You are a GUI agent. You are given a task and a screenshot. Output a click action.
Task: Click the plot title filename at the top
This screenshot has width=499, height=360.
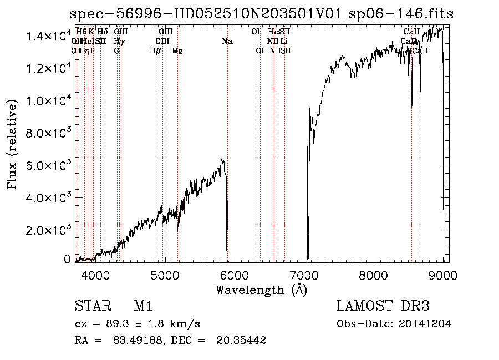[x=262, y=14]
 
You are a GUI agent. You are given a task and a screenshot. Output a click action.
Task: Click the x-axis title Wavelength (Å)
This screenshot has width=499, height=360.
[x=261, y=290]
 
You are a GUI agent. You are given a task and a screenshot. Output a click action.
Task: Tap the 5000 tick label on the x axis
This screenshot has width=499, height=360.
[x=165, y=275]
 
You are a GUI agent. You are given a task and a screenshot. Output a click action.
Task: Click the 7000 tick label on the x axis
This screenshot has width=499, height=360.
[x=304, y=275]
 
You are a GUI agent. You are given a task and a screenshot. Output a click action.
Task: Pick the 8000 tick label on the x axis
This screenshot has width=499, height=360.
[x=373, y=275]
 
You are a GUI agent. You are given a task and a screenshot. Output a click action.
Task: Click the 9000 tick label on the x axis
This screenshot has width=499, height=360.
[x=442, y=275]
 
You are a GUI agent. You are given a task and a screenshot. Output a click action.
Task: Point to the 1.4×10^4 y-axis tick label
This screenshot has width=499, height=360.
[x=49, y=37]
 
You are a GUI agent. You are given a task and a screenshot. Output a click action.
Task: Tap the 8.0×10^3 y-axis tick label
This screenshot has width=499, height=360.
[x=49, y=133]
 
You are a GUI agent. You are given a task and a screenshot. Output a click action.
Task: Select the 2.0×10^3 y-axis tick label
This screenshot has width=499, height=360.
[x=49, y=230]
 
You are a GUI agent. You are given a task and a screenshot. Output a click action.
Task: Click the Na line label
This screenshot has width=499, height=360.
[x=227, y=41]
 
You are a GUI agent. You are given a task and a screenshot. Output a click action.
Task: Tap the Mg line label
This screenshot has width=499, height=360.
[x=177, y=51]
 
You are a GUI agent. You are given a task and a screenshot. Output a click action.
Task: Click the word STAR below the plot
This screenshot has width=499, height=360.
[x=91, y=306]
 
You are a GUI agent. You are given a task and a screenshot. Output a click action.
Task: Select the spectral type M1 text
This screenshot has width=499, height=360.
[x=143, y=306]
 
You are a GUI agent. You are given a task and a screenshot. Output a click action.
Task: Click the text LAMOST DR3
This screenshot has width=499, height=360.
[x=383, y=306]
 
